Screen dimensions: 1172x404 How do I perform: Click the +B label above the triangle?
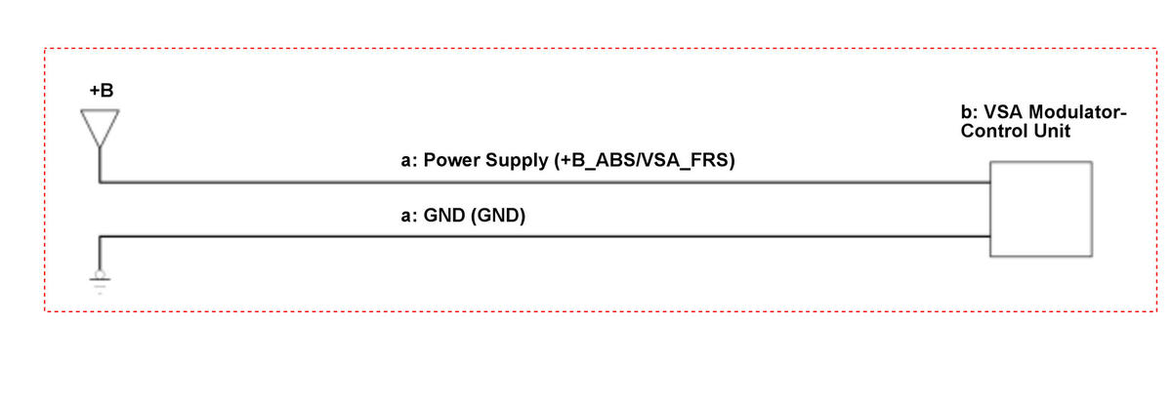[x=102, y=91]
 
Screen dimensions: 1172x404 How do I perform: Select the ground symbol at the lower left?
[x=100, y=282]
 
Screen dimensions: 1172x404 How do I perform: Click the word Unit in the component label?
[x=1052, y=131]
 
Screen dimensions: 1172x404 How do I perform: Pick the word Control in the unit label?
[x=994, y=131]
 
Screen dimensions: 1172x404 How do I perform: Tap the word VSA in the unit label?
[x=1003, y=112]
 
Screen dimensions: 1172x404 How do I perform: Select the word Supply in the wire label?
[x=517, y=161]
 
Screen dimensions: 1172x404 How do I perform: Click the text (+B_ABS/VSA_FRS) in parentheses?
[x=645, y=160]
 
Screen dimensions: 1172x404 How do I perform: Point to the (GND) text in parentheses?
[x=498, y=216]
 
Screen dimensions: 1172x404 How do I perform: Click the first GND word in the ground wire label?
[x=444, y=216]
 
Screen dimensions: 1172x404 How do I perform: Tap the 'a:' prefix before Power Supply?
[x=409, y=161]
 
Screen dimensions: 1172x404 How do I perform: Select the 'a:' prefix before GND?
[x=409, y=217]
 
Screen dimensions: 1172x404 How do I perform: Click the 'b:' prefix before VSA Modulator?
[x=970, y=112]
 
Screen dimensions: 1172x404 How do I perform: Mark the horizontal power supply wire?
[x=545, y=182]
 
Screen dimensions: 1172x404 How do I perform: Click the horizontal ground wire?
[x=545, y=237]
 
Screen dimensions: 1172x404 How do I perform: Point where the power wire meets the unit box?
[x=990, y=182]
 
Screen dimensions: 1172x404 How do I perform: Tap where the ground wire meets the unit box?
[x=990, y=237]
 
